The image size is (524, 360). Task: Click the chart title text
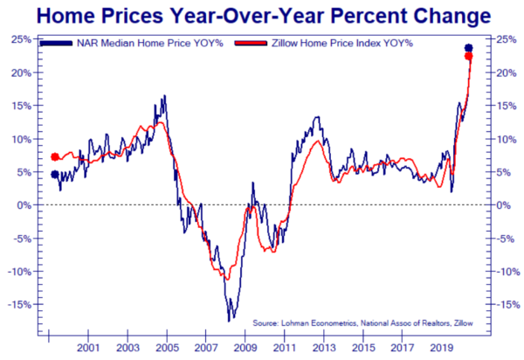coord(262,15)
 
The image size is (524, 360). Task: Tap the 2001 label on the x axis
coord(87,347)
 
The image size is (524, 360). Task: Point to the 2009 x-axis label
coord(243,347)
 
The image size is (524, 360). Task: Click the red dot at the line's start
coord(55,157)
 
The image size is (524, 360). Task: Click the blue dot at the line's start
coord(55,175)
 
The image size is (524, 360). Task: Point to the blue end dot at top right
coord(468,48)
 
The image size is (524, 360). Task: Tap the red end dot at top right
coord(468,57)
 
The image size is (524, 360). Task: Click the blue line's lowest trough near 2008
coord(230,321)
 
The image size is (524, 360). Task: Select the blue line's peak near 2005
coord(165,96)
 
